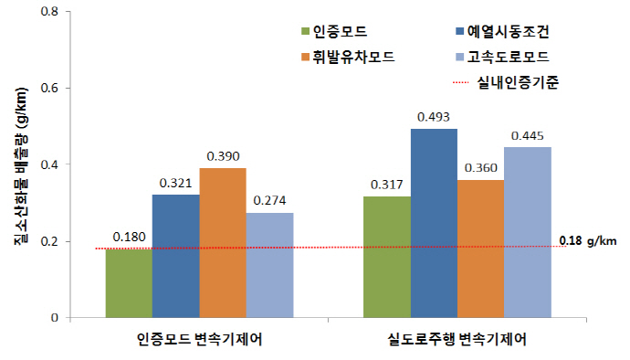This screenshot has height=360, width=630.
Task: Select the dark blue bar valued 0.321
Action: (175, 257)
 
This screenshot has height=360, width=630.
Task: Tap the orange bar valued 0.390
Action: (222, 243)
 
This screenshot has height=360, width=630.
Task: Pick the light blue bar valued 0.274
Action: (268, 265)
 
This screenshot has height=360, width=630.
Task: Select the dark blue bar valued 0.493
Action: (436, 224)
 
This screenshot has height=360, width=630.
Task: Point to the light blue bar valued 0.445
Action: (529, 232)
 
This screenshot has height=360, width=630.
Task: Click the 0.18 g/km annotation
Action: (585, 242)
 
